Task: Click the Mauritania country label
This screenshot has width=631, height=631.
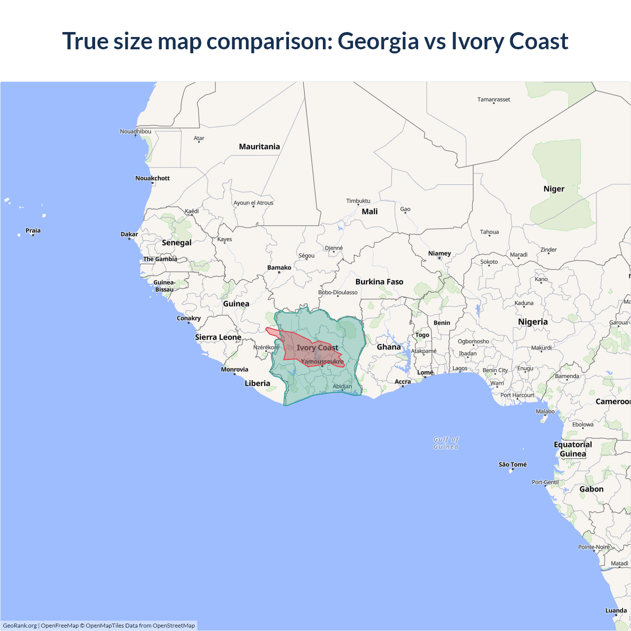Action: (x=259, y=146)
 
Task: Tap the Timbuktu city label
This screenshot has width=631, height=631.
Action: (x=358, y=201)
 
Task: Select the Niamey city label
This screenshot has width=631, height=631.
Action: (x=439, y=253)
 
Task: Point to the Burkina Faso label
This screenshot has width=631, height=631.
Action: (x=379, y=281)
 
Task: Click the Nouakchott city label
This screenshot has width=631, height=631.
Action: (x=152, y=178)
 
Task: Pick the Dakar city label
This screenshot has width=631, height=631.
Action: (x=129, y=234)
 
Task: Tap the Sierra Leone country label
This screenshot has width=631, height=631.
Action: (x=218, y=337)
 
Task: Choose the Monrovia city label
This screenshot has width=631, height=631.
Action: (x=235, y=369)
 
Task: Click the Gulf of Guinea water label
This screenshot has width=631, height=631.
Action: (x=446, y=443)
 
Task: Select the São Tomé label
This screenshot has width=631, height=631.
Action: (x=512, y=464)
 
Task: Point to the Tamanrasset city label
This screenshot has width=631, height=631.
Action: (x=493, y=100)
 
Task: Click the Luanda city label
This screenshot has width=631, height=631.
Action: (x=616, y=610)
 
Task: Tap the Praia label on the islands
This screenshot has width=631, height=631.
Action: (x=33, y=230)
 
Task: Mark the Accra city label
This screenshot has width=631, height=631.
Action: (x=403, y=382)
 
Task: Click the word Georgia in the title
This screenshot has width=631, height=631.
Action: (x=378, y=41)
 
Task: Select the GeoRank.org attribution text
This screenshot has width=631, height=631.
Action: (x=20, y=626)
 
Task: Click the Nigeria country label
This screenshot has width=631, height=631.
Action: (x=532, y=322)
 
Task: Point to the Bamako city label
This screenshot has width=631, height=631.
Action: (x=279, y=268)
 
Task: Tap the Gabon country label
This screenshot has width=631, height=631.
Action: (x=591, y=489)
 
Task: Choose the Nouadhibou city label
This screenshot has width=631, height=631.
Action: (x=136, y=131)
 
